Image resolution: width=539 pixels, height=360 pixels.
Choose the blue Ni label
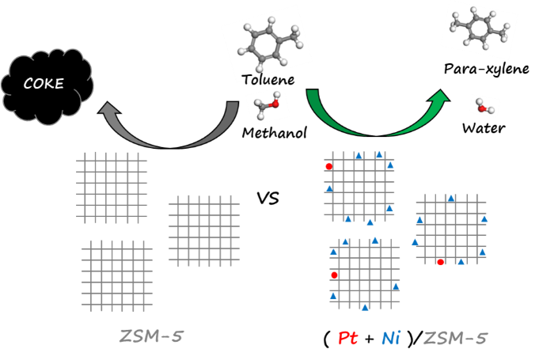(390, 339)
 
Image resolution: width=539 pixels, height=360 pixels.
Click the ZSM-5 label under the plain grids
(150, 336)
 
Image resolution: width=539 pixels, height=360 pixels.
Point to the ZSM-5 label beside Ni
(455, 339)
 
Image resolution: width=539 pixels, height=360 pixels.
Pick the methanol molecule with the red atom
(266, 105)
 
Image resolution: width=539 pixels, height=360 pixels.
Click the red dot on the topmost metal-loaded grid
(328, 166)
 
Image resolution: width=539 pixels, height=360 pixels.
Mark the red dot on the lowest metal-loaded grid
(334, 275)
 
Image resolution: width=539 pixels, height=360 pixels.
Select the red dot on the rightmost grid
(441, 262)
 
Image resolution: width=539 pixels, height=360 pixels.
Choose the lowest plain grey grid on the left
(117, 275)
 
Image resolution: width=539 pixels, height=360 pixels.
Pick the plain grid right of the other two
(204, 230)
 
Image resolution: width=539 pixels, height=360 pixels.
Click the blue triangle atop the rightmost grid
(451, 198)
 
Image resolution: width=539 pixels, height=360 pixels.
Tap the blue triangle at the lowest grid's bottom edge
(365, 307)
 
